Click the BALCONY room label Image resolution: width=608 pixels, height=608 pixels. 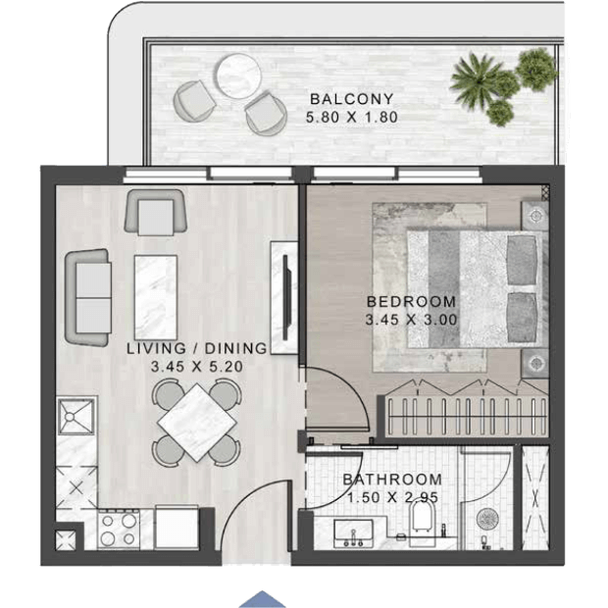tap(352, 99)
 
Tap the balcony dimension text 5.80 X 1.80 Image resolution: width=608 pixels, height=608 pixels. tap(352, 117)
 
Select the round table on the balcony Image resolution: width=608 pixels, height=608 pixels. tap(239, 76)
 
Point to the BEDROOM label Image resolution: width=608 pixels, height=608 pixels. tap(412, 302)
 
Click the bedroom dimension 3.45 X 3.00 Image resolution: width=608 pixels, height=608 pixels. tap(412, 320)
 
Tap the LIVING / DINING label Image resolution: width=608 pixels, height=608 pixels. tap(197, 348)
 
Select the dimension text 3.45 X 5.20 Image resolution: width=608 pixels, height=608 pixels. tap(197, 367)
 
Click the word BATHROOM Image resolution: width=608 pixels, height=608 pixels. tap(392, 480)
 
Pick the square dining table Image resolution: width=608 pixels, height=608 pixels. tap(197, 423)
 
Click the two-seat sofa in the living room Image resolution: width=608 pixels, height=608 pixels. tap(88, 297)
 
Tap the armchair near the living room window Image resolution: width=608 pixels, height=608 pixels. tap(156, 212)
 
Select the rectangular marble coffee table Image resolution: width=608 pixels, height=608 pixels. tap(156, 297)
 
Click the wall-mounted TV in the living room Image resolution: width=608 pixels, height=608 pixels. tap(286, 297)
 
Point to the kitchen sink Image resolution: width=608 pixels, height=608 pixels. tap(76, 417)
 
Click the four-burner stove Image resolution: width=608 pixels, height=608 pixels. tap(119, 530)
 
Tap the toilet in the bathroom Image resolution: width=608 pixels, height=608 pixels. tap(423, 521)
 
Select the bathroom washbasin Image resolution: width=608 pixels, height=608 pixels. tap(353, 533)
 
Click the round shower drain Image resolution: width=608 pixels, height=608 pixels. tap(487, 519)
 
